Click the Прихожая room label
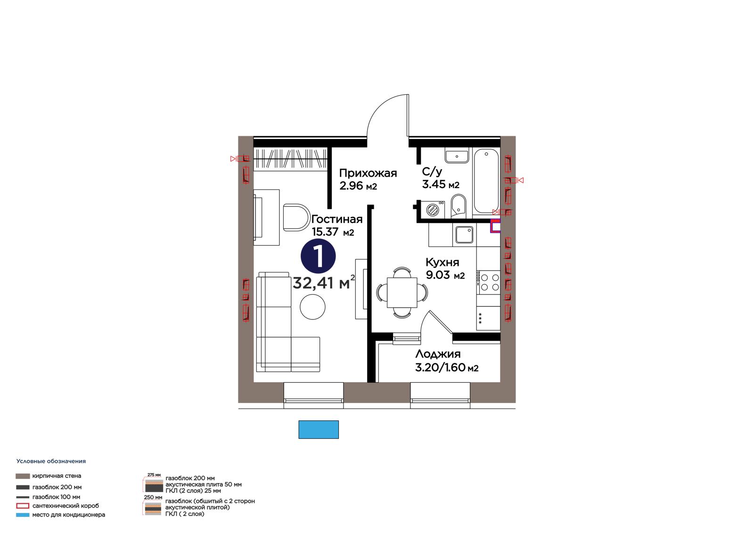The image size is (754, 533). pos(368,173)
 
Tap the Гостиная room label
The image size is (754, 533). pos(337,219)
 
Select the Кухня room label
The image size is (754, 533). pos(443,262)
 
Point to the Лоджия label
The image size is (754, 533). pos(438,354)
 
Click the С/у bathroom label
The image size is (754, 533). pos(432,172)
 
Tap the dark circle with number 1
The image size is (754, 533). pos(318,256)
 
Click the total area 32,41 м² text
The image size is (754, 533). pos(323,283)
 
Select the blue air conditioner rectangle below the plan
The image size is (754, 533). pos(319,429)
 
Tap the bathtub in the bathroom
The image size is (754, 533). pos(486,181)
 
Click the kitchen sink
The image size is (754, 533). pos(465,235)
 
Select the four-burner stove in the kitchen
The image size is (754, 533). pos(488,282)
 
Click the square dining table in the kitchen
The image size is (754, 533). pos(402,292)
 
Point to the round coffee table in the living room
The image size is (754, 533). pos(312,307)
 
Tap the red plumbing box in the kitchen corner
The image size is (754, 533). pos(495,226)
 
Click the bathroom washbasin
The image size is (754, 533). pos(457,157)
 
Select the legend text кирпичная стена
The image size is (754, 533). pos(57,476)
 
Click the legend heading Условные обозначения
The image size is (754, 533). pos(51,461)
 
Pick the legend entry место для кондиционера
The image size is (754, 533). pos(69,515)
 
